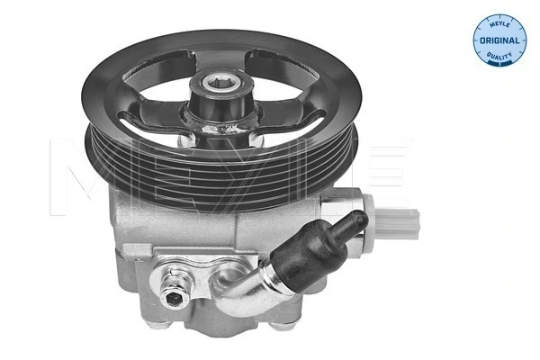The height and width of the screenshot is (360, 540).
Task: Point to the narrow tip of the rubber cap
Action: (x=358, y=220)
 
